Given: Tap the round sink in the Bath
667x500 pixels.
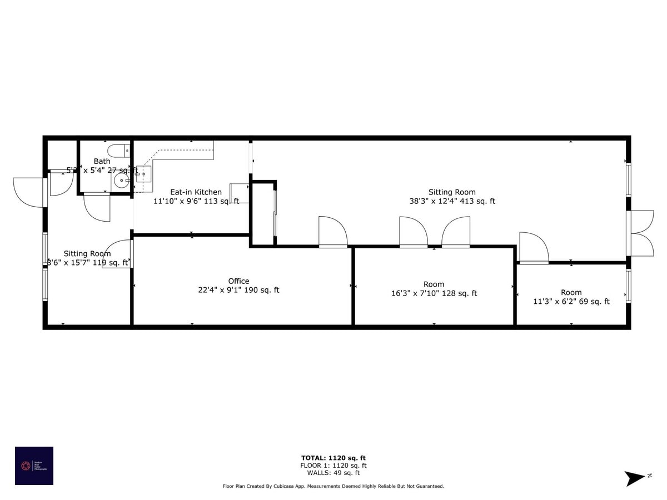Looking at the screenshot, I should pyautogui.click(x=121, y=181).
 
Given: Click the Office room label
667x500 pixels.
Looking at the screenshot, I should pyautogui.click(x=238, y=281).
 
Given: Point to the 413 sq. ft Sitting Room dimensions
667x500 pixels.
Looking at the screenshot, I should pyautogui.click(x=452, y=202).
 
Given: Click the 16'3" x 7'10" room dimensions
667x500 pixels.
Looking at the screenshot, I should pyautogui.click(x=434, y=293).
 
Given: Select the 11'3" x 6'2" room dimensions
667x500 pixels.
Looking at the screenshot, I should pyautogui.click(x=571, y=302).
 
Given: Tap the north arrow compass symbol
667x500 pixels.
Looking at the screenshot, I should pyautogui.click(x=634, y=478).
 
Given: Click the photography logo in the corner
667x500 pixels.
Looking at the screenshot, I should pyautogui.click(x=34, y=466).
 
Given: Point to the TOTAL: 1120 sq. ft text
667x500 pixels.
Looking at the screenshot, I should pyautogui.click(x=333, y=458).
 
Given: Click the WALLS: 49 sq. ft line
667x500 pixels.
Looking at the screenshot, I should pyautogui.click(x=333, y=473).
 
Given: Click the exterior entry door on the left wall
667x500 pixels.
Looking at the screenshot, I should pyautogui.click(x=29, y=192).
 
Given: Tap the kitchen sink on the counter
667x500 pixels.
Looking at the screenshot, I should pyautogui.click(x=143, y=174).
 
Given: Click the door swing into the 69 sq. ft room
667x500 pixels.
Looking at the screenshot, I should pyautogui.click(x=533, y=248).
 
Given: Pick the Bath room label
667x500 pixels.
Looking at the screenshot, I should pyautogui.click(x=102, y=161).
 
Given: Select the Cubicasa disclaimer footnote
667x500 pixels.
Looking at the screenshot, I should pyautogui.click(x=333, y=486).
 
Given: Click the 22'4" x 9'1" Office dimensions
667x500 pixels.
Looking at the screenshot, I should pyautogui.click(x=238, y=290).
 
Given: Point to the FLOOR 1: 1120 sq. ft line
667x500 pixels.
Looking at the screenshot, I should pyautogui.click(x=333, y=466).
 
